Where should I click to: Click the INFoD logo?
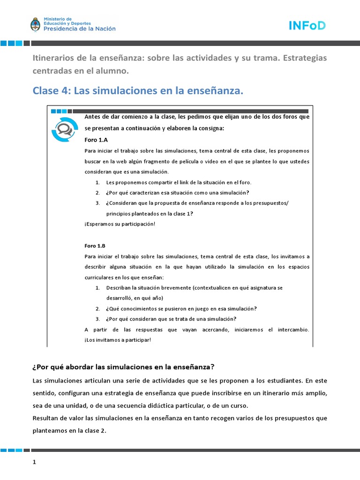307,25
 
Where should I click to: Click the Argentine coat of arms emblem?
36,24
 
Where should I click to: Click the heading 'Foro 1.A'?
97,140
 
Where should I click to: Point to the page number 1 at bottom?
34,462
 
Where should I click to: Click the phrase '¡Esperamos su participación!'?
120,224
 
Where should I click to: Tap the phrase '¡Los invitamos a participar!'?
118,339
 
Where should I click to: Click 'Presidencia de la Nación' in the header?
79,29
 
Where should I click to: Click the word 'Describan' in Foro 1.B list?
119,287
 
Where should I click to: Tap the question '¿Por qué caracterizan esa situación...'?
177,193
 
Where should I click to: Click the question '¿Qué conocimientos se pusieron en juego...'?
181,308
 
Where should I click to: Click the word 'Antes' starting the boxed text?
92,116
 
